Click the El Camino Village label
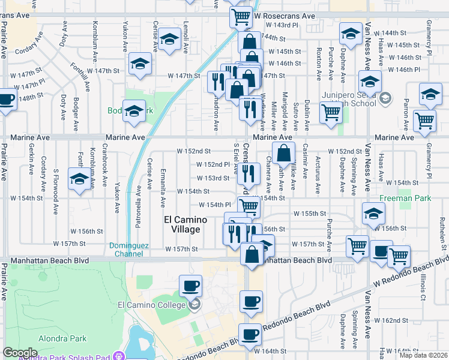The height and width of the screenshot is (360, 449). coord(185,224)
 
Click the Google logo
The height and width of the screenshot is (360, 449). coord(20,353)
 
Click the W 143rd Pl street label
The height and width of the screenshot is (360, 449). coord(282,25)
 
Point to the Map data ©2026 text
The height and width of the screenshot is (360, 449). coord(423,355)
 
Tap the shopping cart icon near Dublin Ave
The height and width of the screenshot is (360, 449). coord(331,112)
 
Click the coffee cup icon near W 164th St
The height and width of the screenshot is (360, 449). coord(250,334)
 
